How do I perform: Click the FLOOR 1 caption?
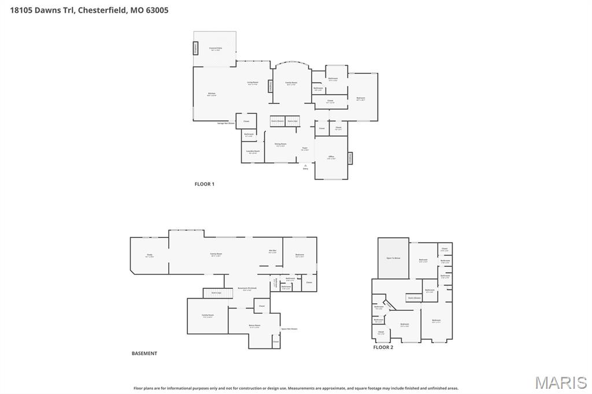(204, 184)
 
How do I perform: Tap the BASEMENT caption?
(144, 354)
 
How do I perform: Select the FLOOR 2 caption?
(383, 347)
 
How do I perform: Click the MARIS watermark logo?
(560, 382)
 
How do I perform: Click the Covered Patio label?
(215, 49)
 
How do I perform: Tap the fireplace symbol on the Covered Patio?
(195, 49)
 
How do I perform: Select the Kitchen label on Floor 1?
(212, 94)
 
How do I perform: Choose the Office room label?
(331, 157)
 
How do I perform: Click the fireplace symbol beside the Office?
(350, 158)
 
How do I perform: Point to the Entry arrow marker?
(306, 166)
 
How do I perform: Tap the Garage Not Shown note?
(225, 123)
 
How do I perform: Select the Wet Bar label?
(272, 251)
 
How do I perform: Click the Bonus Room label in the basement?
(254, 326)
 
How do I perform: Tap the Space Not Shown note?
(289, 329)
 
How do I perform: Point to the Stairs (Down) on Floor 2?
(413, 298)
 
